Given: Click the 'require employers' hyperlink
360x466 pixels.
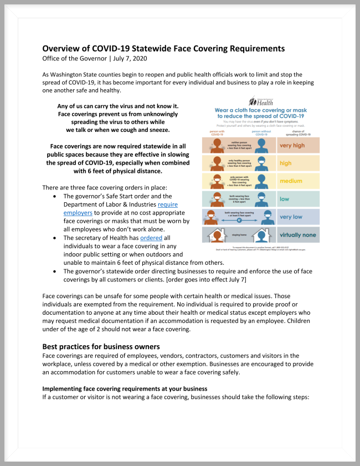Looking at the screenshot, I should (x=166, y=204).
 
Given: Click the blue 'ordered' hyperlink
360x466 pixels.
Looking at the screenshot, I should (x=151, y=238).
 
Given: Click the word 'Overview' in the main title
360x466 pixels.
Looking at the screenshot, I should (x=64, y=48).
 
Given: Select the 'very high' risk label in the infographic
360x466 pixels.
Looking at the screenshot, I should (x=292, y=146).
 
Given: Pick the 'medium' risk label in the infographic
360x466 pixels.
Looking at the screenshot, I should (x=291, y=181).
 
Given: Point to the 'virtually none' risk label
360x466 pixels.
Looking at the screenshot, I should (x=299, y=235).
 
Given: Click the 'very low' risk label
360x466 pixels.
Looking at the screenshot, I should (x=291, y=217).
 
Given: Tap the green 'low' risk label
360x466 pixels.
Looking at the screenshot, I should (x=285, y=198).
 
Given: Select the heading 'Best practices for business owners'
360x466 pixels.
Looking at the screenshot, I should (x=101, y=347).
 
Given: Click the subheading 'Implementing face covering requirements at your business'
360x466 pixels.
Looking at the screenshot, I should (x=125, y=389).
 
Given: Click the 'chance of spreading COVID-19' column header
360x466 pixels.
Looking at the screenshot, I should (x=298, y=133).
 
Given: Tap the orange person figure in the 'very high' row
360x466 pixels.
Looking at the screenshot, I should (x=214, y=146).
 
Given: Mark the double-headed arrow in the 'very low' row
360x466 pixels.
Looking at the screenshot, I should (x=238, y=219).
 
